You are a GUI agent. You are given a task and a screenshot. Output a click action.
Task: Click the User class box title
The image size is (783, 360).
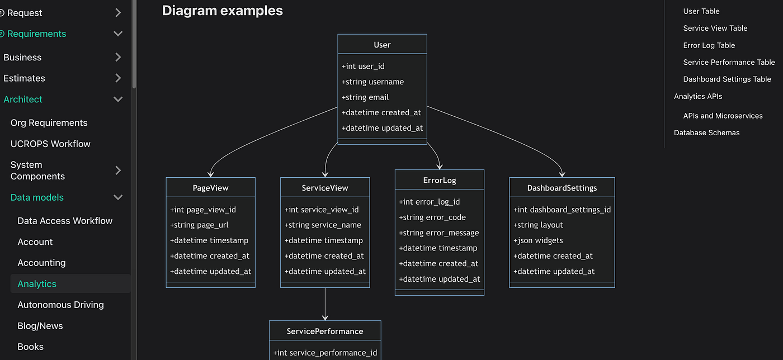(382, 45)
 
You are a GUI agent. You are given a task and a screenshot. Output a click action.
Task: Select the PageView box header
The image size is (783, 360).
(210, 188)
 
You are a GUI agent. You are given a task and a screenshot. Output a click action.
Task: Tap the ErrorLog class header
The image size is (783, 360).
(440, 181)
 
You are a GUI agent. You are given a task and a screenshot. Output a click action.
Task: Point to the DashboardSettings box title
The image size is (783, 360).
(562, 188)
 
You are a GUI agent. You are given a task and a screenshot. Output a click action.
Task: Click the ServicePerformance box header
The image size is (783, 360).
(325, 331)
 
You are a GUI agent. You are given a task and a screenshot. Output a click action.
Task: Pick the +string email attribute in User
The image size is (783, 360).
(365, 97)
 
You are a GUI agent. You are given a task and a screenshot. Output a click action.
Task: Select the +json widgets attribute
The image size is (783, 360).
(538, 240)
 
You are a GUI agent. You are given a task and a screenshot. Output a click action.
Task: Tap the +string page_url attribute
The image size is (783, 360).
(199, 225)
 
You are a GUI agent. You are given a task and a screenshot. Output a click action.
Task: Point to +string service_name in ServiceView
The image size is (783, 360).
(323, 225)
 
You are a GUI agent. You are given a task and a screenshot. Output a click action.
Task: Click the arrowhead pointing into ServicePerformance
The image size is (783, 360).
(325, 318)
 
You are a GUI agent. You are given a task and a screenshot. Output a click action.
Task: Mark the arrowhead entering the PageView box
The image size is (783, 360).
(210, 174)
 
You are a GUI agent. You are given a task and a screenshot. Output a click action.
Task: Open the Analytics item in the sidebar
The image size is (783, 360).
(37, 284)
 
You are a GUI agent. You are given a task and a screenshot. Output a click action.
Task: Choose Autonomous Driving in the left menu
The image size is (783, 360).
(60, 305)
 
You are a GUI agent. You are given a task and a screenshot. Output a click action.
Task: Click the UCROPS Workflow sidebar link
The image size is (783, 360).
(50, 144)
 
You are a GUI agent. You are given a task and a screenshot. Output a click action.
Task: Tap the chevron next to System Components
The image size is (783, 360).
(118, 170)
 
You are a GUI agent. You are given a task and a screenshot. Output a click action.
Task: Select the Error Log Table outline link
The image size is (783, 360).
(709, 45)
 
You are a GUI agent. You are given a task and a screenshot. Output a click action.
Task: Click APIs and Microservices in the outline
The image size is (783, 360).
(723, 116)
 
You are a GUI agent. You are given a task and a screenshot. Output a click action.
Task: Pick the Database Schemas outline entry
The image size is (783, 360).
(706, 132)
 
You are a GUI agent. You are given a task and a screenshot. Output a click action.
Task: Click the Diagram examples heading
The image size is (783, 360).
(223, 11)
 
